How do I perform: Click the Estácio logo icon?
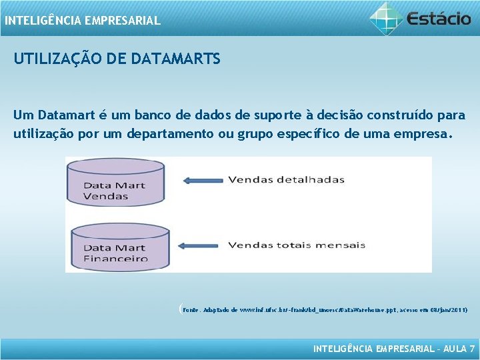[387, 19]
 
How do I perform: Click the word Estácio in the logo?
[439, 19]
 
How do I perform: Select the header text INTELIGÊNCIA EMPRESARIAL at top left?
[83, 21]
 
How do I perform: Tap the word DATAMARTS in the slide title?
[176, 59]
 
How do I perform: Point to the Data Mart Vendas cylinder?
[115, 181]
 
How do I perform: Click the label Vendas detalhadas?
[286, 179]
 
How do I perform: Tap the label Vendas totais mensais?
[297, 245]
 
